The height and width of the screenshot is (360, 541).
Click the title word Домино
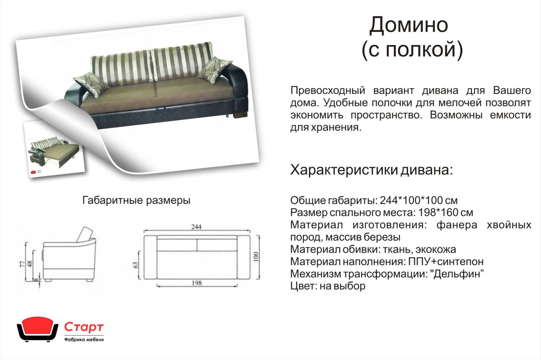409,25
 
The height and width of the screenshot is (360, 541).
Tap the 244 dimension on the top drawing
196,227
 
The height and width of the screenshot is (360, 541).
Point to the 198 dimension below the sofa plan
196,283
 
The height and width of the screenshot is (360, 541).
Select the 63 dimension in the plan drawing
136,265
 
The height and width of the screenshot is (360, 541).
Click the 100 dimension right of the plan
256,257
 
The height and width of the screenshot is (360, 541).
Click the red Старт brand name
84,327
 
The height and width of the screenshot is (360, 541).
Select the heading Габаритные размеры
136,200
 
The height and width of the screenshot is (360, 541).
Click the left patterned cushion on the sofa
91,84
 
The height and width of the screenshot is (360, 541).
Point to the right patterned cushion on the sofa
215,69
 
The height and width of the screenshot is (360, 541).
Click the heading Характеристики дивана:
371,170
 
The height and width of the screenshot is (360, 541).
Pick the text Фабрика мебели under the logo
84,340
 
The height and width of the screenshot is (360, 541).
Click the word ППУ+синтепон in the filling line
446,262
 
